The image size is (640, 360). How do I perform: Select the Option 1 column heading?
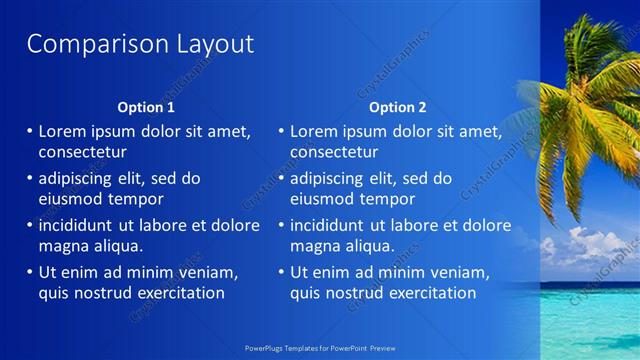[x=146, y=107]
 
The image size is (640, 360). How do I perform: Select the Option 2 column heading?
[x=397, y=107]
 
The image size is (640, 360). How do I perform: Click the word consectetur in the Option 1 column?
[x=82, y=152]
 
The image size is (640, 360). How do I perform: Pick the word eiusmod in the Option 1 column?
[x=70, y=198]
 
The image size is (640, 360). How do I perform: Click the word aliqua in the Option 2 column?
[x=372, y=245]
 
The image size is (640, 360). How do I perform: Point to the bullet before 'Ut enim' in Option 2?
[x=281, y=272]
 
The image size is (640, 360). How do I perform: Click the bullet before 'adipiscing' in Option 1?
[x=30, y=178]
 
